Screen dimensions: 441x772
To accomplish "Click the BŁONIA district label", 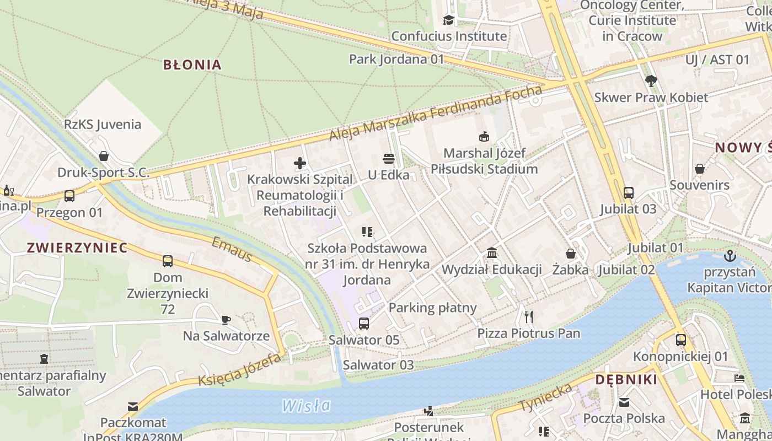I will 192,64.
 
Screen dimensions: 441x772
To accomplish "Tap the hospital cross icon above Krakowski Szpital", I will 300,163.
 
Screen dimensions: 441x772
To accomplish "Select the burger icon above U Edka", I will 389,159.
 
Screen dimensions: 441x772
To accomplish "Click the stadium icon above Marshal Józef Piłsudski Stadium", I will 484,136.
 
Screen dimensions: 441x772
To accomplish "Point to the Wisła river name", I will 306,406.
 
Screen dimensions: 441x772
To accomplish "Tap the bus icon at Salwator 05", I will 364,324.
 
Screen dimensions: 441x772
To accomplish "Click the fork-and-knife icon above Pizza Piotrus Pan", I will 529,316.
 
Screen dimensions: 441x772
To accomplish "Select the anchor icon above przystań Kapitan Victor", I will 730,256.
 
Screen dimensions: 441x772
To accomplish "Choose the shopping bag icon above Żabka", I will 571,254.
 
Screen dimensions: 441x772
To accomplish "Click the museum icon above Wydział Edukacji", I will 492,253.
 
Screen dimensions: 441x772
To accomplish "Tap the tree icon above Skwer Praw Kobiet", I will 651,81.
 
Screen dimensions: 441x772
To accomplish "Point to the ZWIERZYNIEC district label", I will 77,248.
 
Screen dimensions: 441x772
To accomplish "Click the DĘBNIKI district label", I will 626,380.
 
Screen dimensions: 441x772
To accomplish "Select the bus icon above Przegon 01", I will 69,196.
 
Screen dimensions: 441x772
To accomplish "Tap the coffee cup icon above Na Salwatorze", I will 226,319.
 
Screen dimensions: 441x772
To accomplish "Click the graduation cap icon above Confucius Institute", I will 448,20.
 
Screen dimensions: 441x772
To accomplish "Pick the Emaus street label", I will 232,249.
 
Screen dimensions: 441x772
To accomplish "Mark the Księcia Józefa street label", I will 239,369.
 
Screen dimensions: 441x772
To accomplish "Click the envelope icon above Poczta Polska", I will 624,402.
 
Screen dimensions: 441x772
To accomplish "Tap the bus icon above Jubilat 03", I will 629,192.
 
